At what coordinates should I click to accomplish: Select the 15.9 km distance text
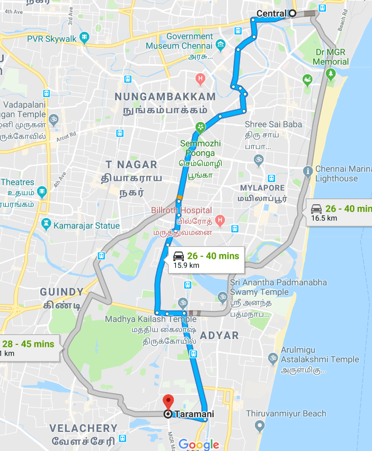[187, 265]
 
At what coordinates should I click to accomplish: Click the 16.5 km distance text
[324, 218]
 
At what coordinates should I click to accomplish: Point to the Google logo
[199, 444]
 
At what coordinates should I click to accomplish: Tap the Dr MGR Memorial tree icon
[331, 74]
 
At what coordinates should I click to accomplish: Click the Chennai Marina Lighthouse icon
[307, 171]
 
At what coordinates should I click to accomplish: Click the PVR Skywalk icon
[84, 38]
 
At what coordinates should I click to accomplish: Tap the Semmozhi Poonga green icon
[200, 128]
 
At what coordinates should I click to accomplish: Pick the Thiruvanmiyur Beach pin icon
[259, 426]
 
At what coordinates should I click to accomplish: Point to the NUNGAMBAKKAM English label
[166, 97]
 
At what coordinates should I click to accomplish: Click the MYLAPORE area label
[262, 188]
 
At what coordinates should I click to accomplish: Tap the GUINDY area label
[62, 292]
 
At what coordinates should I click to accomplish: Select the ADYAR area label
[219, 335]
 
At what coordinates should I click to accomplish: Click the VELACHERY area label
[84, 428]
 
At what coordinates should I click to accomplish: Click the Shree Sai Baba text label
[273, 124]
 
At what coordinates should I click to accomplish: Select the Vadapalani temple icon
[53, 119]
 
